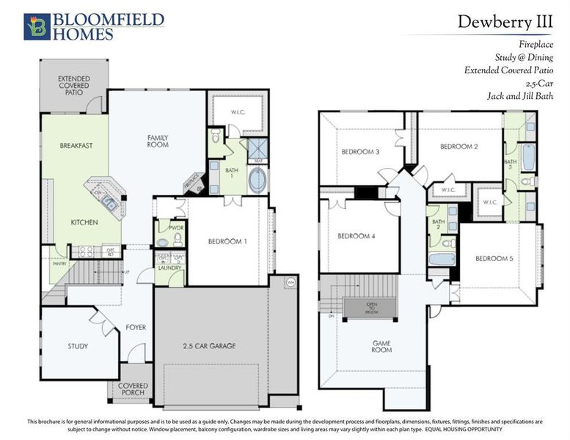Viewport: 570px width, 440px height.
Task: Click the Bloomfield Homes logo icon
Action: click(x=35, y=26)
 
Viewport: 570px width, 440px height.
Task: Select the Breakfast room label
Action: click(x=76, y=146)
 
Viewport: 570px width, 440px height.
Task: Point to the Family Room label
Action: click(x=158, y=141)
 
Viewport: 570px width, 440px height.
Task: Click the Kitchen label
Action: click(x=84, y=222)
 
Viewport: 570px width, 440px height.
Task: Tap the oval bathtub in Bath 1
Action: click(x=258, y=180)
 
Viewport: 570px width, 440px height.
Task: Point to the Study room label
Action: click(x=78, y=346)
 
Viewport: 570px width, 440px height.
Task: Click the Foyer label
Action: click(x=136, y=328)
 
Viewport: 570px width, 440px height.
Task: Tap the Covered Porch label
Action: click(x=132, y=389)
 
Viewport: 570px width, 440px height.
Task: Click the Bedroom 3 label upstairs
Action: click(x=360, y=152)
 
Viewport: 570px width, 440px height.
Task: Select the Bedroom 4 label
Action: click(x=356, y=236)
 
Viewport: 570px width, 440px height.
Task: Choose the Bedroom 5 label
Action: click(x=493, y=258)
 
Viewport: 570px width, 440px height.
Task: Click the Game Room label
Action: click(x=381, y=345)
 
